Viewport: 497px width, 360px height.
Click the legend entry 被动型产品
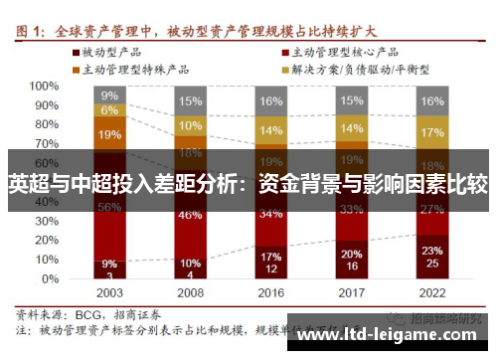[115, 50]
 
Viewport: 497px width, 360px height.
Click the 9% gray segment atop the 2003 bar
[110, 95]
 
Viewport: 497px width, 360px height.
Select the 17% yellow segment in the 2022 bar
[431, 132]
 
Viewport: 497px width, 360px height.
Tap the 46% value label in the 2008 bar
[190, 214]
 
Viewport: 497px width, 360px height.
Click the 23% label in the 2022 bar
[431, 251]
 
